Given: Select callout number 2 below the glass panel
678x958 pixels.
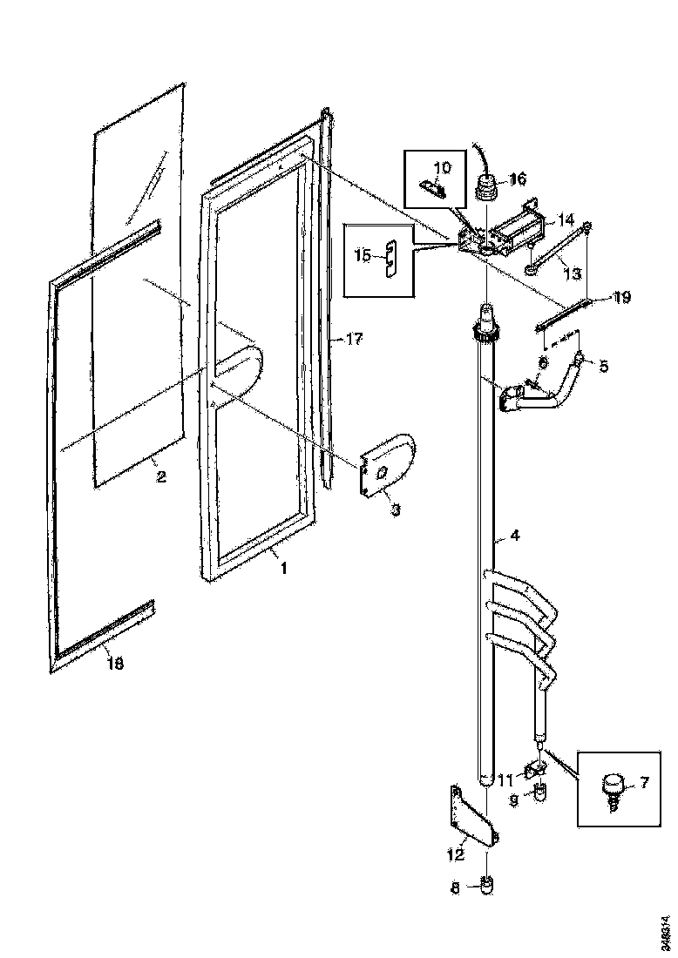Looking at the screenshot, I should (160, 476).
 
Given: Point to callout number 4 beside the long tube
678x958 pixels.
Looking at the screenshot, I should (515, 536).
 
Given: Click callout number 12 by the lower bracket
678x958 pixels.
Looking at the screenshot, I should (455, 854).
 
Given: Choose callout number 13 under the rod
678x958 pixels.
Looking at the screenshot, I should (572, 274).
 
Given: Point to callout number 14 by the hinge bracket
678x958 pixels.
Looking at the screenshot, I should (566, 219).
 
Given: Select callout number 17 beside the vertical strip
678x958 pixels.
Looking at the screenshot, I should (355, 339).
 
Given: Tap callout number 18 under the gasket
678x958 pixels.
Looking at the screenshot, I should (115, 664).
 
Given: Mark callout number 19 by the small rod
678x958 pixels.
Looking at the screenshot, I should (621, 298).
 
